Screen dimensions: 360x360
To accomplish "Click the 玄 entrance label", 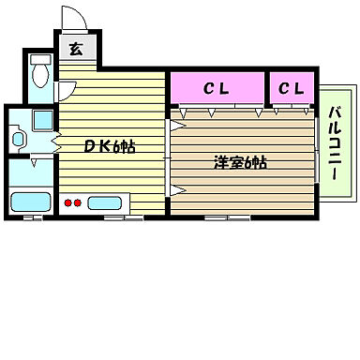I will click(74, 51).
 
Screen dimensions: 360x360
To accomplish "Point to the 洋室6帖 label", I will click(239, 162).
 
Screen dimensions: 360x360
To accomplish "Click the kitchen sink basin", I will click(106, 202).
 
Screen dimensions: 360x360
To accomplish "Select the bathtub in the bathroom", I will click(31, 202).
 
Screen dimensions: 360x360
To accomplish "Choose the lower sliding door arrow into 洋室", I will click(177, 189).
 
